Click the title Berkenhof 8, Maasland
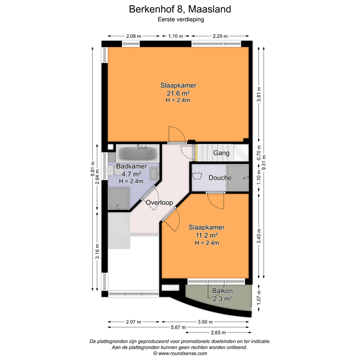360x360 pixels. tap(180, 9)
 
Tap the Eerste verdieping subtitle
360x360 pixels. tap(180, 20)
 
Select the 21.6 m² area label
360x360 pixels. tap(178, 93)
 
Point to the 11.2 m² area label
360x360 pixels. tap(207, 234)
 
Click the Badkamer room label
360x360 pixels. tap(132, 166)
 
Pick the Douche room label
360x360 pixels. tap(220, 178)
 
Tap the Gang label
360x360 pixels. tap(221, 153)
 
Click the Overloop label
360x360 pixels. tap(159, 202)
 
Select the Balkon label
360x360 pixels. tap(222, 291)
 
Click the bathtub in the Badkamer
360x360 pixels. tap(138, 153)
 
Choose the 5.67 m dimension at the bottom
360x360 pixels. tap(180, 327)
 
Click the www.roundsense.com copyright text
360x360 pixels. tap(180, 354)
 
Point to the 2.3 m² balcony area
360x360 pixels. tap(222, 299)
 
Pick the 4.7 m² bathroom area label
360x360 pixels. tap(132, 174)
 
